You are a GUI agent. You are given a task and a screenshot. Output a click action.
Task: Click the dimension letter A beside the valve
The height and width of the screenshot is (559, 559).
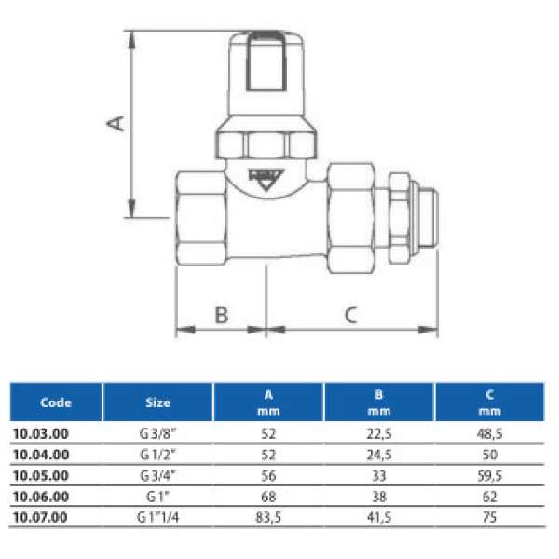114,123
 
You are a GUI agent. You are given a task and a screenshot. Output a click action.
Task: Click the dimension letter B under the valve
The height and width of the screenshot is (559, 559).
222,314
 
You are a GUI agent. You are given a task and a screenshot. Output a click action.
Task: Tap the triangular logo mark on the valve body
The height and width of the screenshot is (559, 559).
266,179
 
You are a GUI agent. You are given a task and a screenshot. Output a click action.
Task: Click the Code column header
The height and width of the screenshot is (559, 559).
56,402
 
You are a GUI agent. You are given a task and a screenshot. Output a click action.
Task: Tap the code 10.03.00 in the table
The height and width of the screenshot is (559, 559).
42,433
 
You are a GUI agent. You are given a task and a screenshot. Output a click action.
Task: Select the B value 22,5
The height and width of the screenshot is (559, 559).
378,433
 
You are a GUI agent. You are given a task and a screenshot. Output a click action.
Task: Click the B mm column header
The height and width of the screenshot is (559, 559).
378,402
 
